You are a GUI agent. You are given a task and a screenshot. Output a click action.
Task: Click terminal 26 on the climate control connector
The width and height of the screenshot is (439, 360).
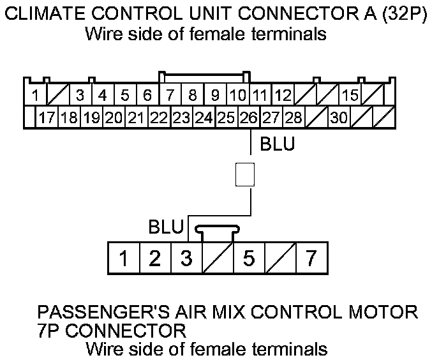click(248, 117)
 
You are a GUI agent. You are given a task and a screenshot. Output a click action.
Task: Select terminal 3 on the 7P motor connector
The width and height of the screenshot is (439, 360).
click(186, 259)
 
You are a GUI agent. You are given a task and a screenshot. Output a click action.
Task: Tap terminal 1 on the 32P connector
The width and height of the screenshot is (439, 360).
click(35, 96)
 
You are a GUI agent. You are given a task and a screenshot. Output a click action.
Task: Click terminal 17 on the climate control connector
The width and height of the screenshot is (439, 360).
click(45, 117)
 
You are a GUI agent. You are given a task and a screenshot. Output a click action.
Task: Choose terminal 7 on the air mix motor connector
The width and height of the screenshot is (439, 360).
click(311, 259)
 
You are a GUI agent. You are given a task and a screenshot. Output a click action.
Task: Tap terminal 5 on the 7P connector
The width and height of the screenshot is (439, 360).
click(249, 259)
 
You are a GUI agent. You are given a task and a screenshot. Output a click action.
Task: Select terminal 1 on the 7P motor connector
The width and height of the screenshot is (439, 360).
click(124, 259)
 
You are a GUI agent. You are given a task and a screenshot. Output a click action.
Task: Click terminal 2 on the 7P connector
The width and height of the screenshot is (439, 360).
click(155, 259)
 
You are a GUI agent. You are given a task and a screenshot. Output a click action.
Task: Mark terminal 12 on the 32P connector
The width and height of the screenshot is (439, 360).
click(283, 96)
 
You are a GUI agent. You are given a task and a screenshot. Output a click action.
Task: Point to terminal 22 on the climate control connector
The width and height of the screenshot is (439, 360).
click(158, 117)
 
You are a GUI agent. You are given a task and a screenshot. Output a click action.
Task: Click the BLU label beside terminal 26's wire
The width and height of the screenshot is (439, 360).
click(278, 145)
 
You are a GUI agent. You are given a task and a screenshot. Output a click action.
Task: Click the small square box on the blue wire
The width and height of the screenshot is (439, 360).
click(245, 174)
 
